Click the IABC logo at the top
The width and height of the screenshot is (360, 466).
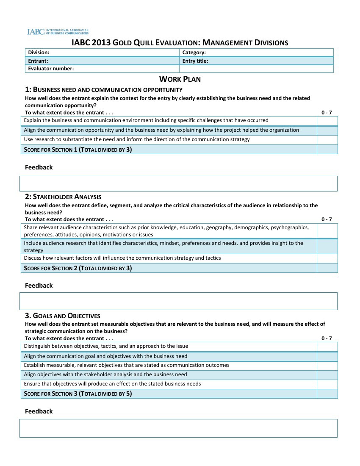58,32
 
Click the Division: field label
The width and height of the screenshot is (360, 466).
39,53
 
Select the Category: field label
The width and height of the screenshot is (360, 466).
194,53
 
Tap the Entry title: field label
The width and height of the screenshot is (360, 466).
195,61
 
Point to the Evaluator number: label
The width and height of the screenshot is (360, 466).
51,69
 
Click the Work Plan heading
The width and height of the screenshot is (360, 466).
180,79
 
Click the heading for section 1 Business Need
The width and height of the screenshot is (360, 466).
104,90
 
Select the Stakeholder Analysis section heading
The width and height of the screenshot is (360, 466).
63,197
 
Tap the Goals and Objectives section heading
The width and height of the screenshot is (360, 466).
63,316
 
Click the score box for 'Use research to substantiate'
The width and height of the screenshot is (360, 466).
327,140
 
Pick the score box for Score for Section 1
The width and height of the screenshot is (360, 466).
327,150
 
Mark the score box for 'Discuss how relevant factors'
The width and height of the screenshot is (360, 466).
327,258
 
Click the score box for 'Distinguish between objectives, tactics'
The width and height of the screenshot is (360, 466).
327,347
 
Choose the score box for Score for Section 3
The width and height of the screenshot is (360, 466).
327,394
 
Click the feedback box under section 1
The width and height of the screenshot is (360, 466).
178,183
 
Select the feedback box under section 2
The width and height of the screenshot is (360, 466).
178,301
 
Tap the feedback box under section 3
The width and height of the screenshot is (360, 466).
178,428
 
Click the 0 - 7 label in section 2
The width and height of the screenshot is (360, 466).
327,219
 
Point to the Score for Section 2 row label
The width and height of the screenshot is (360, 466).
78,268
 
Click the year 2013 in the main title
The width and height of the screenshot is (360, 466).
102,43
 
